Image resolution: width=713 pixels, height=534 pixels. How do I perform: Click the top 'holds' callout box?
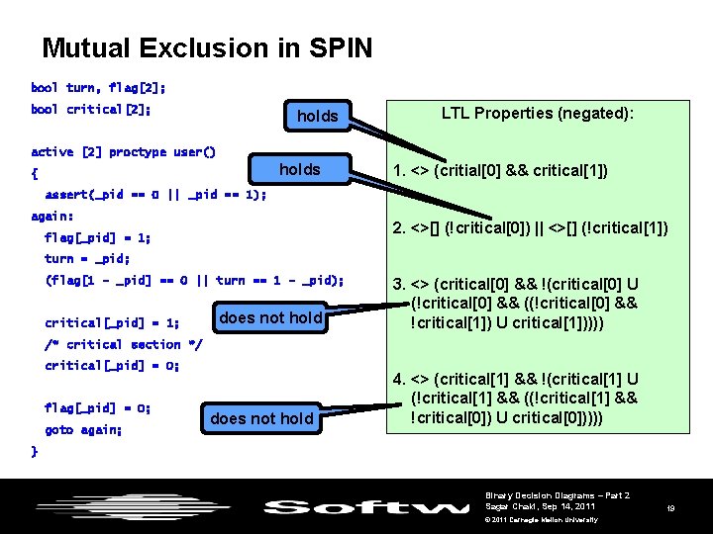point(317,117)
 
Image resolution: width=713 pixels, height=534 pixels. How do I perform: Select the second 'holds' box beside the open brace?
point(299,169)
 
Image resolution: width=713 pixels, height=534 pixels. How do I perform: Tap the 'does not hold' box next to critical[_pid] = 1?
point(270,317)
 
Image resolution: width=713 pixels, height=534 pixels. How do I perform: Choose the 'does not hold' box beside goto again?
point(261,418)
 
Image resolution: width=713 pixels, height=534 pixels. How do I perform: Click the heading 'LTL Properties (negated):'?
point(538,113)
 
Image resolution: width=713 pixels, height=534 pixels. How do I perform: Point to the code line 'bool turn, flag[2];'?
point(98,87)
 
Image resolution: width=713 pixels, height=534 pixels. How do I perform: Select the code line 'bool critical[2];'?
point(91,109)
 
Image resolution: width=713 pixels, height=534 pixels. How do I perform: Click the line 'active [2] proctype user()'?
point(123,151)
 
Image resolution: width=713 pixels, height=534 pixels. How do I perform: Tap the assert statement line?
point(155,194)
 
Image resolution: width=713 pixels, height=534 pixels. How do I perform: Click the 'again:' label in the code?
point(52,216)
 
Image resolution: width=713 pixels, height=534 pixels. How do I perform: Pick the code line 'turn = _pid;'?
point(87,258)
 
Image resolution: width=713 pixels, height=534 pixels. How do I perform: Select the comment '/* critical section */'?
point(123,344)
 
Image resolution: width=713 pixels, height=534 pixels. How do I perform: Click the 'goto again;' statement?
point(83,429)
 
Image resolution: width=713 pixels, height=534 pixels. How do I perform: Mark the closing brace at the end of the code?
point(35,451)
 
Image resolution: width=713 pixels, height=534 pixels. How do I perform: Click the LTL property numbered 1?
point(500,171)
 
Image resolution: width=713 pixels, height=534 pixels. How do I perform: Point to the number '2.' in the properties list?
point(399,228)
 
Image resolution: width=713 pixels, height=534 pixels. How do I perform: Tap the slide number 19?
point(670,507)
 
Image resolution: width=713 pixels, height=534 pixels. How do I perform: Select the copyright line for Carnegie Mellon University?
point(542,519)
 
